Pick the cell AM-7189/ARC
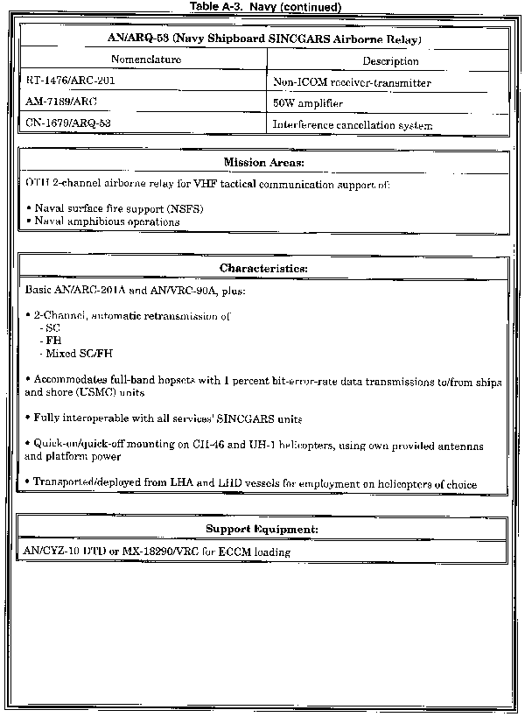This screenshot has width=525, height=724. [x=60, y=102]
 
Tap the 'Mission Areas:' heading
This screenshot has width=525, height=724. [x=263, y=163]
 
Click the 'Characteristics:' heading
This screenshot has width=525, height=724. [x=263, y=268]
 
